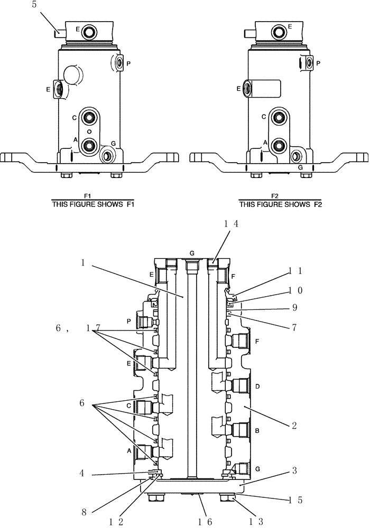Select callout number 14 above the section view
pos(231,224)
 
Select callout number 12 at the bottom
pos(116,521)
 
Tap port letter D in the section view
pos(257,386)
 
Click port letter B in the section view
pos(257,431)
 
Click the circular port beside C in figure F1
pos(89,117)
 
